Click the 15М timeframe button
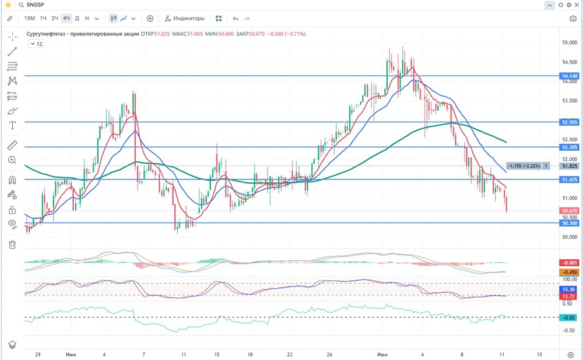pyautogui.click(x=29, y=18)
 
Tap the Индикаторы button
pyautogui.click(x=185, y=18)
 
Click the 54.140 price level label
pyautogui.click(x=570, y=76)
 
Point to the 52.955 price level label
pyautogui.click(x=570, y=122)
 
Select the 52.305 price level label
pyautogui.click(x=570, y=147)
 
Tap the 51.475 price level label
pyautogui.click(x=570, y=180)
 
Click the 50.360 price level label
pyautogui.click(x=570, y=223)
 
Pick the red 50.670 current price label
pyautogui.click(x=570, y=210)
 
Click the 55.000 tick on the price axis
pyautogui.click(x=570, y=43)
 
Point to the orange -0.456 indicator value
pyautogui.click(x=570, y=272)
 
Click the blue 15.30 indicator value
pyautogui.click(x=570, y=290)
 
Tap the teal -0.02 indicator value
pyautogui.click(x=570, y=317)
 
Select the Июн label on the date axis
pyautogui.click(x=71, y=354)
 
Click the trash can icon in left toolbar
pyautogui.click(x=12, y=245)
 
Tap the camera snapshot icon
pyautogui.click(x=573, y=18)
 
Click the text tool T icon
pyautogui.click(x=12, y=125)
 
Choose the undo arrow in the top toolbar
pyautogui.click(x=236, y=18)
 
